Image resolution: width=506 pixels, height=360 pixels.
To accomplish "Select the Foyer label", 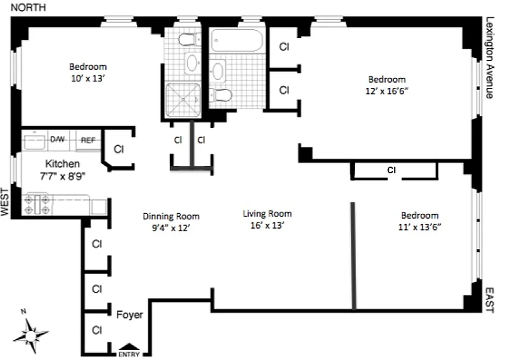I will pyautogui.click(x=130, y=315).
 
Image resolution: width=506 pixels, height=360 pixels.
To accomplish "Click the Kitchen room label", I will pyautogui.click(x=63, y=164).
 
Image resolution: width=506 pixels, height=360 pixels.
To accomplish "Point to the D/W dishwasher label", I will pyautogui.click(x=57, y=140).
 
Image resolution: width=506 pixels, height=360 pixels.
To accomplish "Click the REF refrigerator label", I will pyautogui.click(x=88, y=140).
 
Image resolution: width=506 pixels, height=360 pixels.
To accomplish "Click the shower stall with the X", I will pyautogui.click(x=182, y=100).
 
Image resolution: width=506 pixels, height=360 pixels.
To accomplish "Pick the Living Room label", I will pyautogui.click(x=267, y=214).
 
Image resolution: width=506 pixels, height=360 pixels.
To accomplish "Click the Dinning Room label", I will pyautogui.click(x=171, y=216).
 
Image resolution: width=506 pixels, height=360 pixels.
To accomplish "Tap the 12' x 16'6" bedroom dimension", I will pyautogui.click(x=387, y=90).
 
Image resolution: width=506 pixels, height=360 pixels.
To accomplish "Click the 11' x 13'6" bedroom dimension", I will pyautogui.click(x=420, y=227).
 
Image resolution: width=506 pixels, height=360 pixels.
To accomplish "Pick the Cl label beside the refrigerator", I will pyautogui.click(x=118, y=149).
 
